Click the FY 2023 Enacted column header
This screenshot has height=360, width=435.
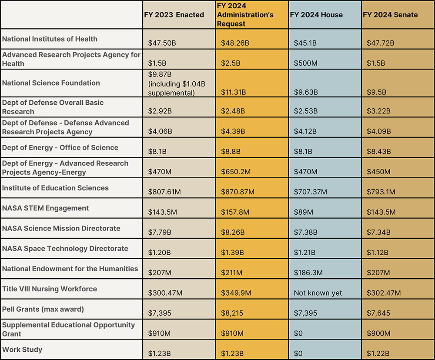point(174,15)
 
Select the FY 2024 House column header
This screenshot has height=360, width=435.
point(316,15)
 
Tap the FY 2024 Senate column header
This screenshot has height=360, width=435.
point(390,15)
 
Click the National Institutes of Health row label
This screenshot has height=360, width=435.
point(50,39)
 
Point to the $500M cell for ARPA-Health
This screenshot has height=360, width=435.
point(305,63)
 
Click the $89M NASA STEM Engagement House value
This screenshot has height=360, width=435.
point(303,212)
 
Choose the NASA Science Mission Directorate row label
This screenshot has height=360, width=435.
point(61,228)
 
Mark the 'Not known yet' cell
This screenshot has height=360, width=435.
point(318,293)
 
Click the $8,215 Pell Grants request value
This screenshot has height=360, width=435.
point(231,313)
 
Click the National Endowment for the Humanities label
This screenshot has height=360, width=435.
point(70,269)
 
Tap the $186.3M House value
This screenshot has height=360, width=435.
point(308,273)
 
